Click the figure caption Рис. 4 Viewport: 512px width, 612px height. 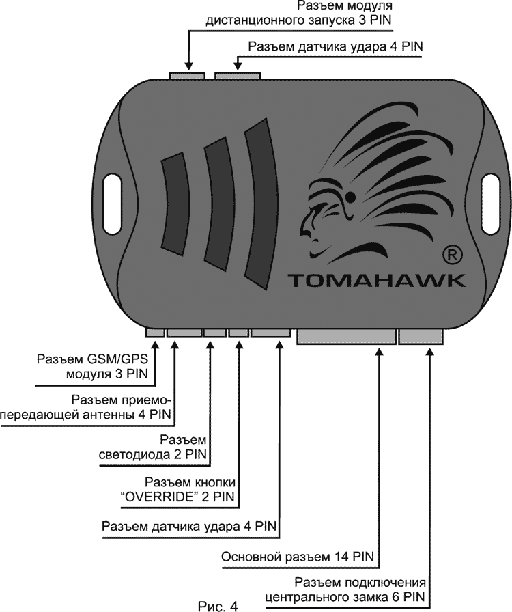pyautogui.click(x=218, y=604)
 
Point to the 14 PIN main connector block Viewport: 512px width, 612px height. pyautogui.click(x=346, y=335)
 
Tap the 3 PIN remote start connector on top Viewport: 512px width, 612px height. pyautogui.click(x=187, y=74)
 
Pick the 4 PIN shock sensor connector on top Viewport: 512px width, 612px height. pyautogui.click(x=237, y=74)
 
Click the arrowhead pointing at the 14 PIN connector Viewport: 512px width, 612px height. pyautogui.click(x=379, y=350)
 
